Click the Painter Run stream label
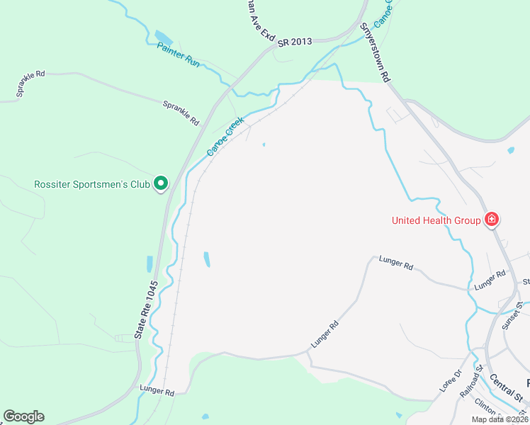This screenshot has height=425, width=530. tap(178, 55)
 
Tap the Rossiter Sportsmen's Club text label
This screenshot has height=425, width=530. tap(92, 185)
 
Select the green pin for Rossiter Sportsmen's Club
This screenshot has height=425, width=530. tap(161, 184)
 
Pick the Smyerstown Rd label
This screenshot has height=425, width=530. tap(375, 53)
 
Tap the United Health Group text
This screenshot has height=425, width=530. tap(436, 220)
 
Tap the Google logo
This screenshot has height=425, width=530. tap(23, 416)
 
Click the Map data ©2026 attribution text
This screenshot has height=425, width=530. tap(500, 419)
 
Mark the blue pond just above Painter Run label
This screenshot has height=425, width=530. tap(164, 37)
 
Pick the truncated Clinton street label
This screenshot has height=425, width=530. tap(485, 408)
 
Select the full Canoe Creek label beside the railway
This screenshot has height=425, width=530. tap(225, 137)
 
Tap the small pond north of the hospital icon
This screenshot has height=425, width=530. tap(510, 150)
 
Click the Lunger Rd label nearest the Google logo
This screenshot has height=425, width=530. tap(157, 390)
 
